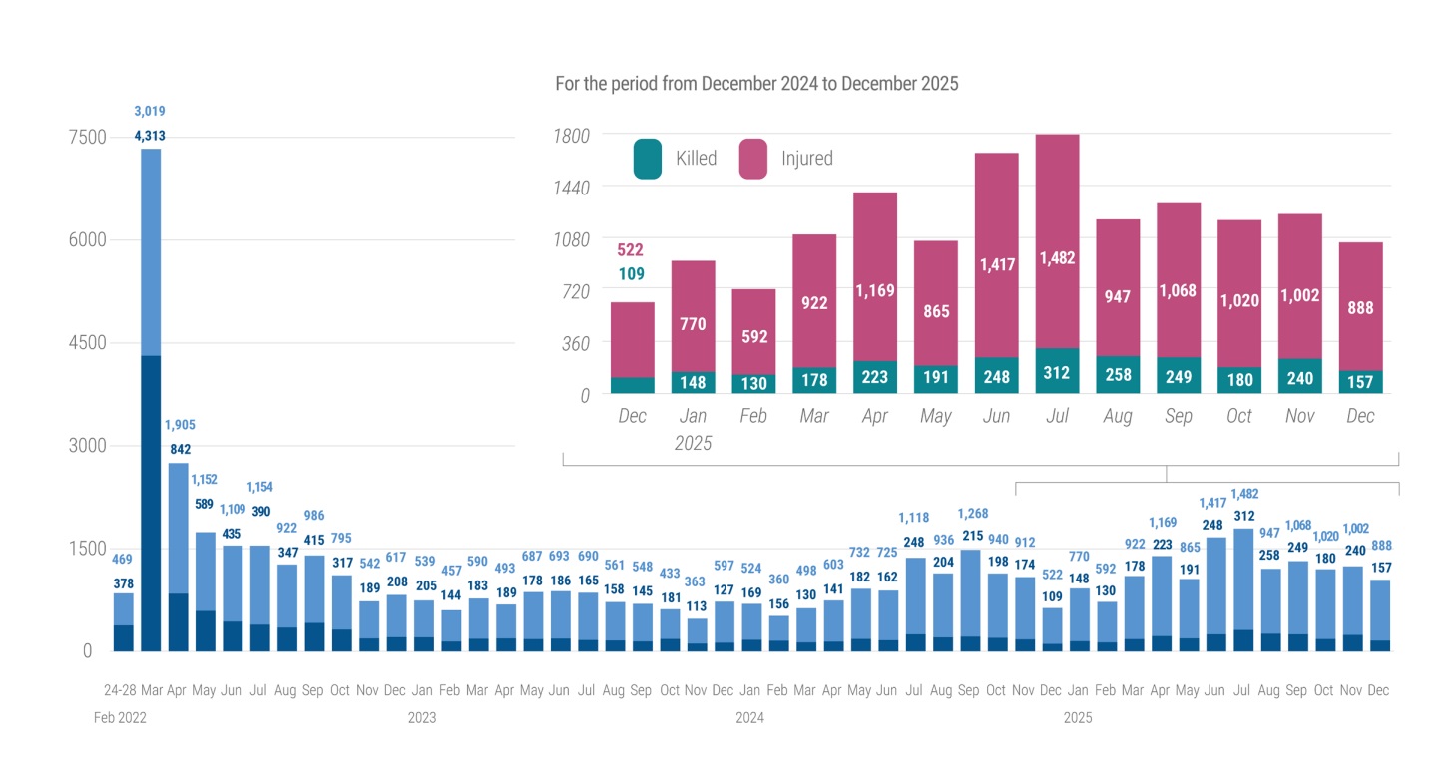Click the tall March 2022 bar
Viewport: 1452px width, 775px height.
tap(151, 399)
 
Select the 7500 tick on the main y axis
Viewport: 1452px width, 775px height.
tap(86, 137)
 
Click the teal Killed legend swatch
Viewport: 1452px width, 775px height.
tap(647, 159)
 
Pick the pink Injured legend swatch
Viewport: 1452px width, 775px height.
tap(752, 159)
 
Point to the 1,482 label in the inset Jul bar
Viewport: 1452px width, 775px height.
tap(1057, 258)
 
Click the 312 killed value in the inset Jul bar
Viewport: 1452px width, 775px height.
tap(1057, 374)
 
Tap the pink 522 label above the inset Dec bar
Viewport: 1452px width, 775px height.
tap(630, 250)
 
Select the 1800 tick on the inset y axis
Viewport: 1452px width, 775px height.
tap(571, 136)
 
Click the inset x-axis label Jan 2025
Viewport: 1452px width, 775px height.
tap(693, 429)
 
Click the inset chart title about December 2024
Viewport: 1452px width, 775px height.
tap(756, 84)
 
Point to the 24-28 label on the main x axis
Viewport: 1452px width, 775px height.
tap(120, 690)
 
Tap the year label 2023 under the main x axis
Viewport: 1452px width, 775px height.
tap(422, 717)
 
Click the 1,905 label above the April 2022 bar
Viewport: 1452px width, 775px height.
tap(180, 425)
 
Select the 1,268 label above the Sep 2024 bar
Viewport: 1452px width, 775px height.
tap(972, 514)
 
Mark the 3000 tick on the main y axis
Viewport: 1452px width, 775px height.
tap(86, 446)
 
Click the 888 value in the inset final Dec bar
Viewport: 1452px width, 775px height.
tap(1360, 308)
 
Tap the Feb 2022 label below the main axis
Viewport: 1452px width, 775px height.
tap(120, 717)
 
